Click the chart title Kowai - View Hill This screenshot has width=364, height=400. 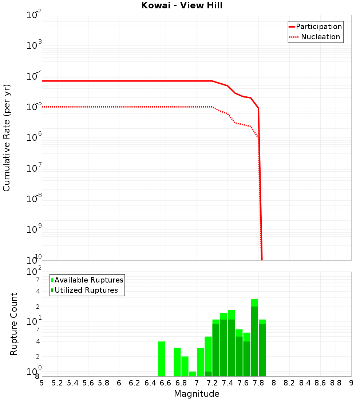coord(182,6)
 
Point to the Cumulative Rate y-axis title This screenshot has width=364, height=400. coord(7,138)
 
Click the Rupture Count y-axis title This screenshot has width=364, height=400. coord(14,324)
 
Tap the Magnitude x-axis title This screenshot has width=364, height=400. coord(197,394)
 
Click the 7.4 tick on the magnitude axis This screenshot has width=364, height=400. coord(227,383)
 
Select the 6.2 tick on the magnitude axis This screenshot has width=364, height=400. coord(135,383)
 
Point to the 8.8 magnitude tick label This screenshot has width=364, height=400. coord(336,383)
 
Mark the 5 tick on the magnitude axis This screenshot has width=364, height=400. coord(42,383)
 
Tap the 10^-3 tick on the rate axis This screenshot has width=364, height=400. coord(35,46)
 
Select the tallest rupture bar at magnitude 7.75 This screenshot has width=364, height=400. coord(254,338)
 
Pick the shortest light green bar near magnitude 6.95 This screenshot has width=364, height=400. coord(193,374)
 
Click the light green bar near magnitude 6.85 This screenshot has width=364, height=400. coord(185,366)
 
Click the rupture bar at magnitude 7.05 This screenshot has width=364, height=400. coord(201,362)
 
